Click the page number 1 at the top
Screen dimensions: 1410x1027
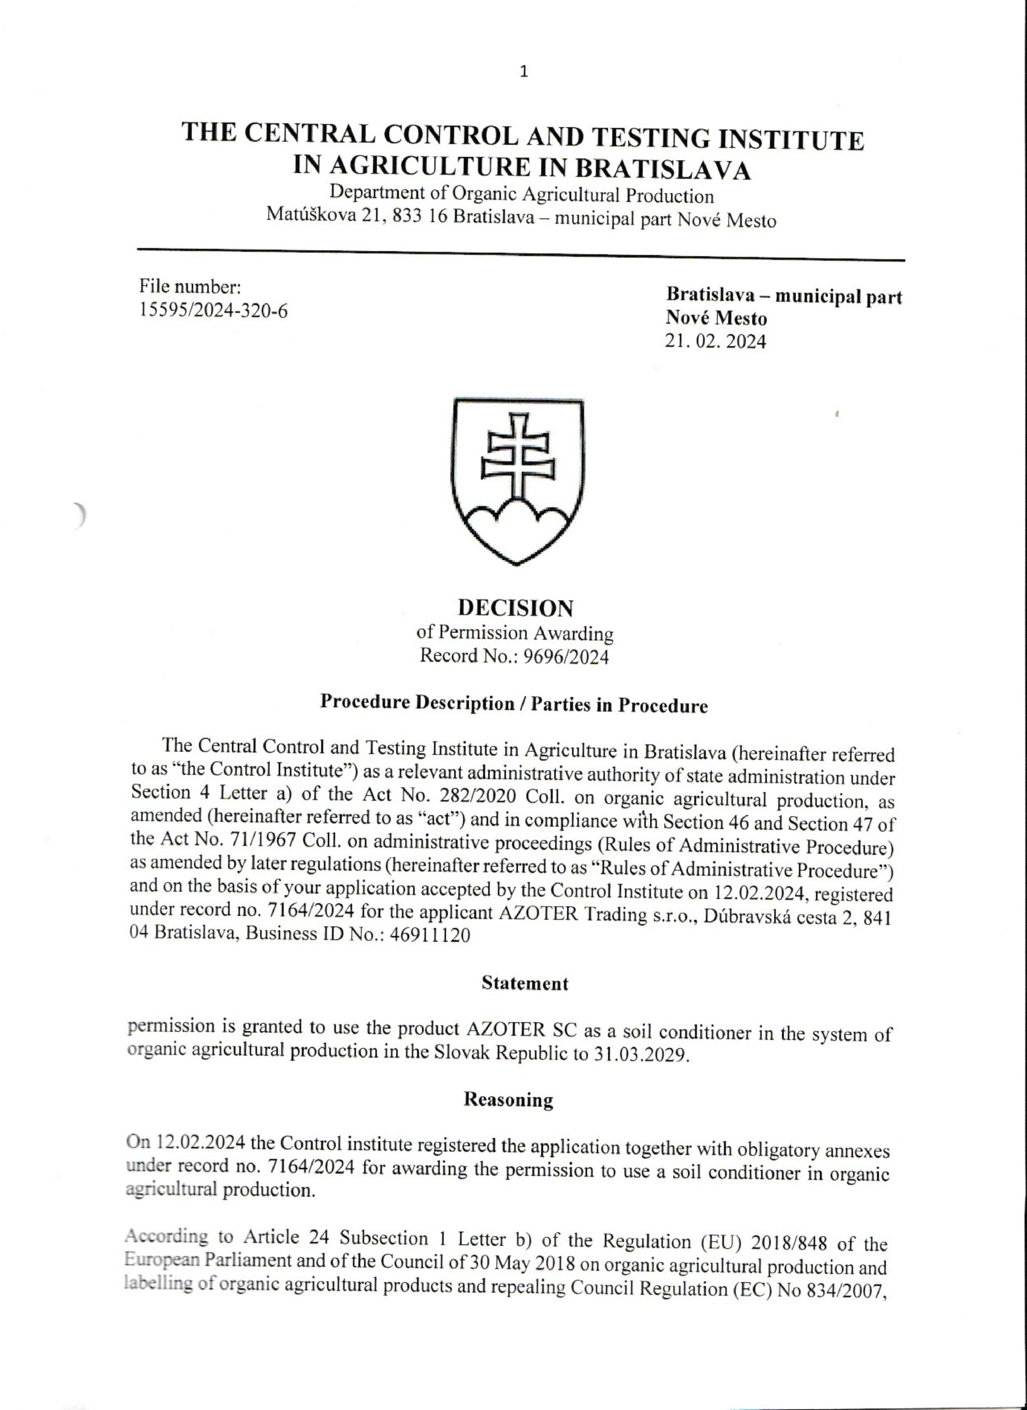[524, 72]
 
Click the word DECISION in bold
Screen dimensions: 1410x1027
[516, 608]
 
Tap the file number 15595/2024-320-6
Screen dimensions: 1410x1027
[213, 310]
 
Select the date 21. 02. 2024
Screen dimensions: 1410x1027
[715, 341]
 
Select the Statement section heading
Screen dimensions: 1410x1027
[525, 984]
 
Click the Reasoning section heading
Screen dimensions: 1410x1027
[508, 1100]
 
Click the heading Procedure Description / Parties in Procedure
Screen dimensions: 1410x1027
[514, 704]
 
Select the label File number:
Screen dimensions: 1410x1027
[190, 286]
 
